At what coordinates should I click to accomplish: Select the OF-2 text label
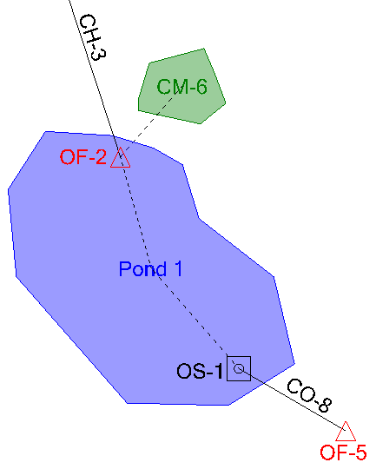[x=83, y=156]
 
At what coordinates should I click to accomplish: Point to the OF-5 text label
[x=343, y=452]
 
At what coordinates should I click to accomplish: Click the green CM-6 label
[x=181, y=87]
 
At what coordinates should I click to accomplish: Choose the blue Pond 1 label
[x=150, y=269]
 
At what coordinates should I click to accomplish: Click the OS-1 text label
[x=200, y=371]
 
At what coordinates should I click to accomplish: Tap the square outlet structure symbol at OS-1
[x=239, y=356]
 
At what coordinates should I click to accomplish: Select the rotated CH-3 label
[x=93, y=37]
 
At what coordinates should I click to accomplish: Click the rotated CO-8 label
[x=309, y=395]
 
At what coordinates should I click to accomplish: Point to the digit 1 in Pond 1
[x=178, y=269]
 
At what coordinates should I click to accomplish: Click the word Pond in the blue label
[x=142, y=269]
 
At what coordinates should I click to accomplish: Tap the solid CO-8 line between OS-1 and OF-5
[x=293, y=400]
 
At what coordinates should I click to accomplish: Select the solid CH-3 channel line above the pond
[x=96, y=79]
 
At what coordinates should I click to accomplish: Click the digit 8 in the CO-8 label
[x=326, y=405]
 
